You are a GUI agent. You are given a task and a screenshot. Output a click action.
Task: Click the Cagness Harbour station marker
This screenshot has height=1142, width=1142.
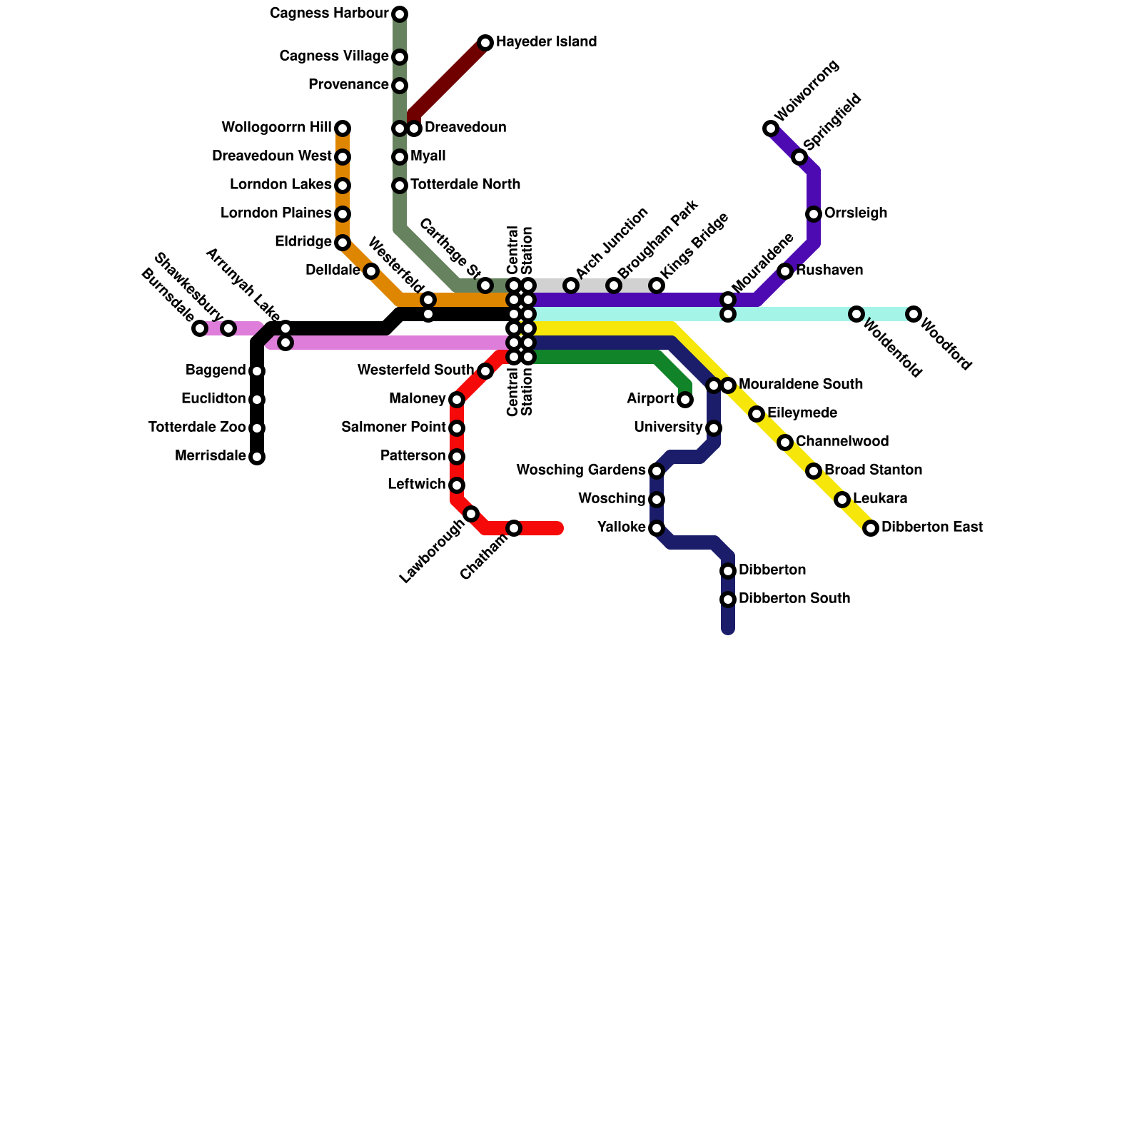pos(400,14)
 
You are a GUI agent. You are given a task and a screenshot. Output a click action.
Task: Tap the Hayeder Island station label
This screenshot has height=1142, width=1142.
pos(546,42)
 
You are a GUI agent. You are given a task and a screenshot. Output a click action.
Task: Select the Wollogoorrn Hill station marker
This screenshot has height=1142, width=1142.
pos(343,128)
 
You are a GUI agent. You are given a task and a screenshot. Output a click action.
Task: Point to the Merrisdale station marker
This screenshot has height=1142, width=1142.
pos(257,457)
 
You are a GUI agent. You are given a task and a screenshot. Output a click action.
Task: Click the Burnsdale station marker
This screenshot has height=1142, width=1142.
pos(200,328)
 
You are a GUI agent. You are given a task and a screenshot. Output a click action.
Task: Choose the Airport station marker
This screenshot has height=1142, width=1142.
pos(685,400)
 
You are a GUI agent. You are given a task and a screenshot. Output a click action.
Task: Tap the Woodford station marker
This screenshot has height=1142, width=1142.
pos(914,314)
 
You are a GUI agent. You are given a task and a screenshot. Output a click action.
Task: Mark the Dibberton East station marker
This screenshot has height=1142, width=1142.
pos(871,528)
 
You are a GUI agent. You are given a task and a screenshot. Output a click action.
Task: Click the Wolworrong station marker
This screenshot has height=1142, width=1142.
pos(771,128)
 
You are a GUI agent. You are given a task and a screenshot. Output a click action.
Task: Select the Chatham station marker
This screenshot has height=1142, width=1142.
pos(514,528)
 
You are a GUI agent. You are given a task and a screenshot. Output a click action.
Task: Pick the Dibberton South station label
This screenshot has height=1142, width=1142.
pos(794,599)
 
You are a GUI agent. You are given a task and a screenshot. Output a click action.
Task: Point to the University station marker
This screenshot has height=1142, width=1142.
pos(714,428)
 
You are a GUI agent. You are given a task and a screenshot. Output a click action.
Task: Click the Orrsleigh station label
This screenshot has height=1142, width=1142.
pos(856,213)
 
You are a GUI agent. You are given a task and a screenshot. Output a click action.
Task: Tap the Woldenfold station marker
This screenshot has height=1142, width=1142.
pos(856,314)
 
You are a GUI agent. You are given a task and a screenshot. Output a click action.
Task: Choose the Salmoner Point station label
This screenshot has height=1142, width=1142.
pos(393,428)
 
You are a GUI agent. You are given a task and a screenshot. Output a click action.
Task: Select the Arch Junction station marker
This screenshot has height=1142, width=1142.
pos(571,285)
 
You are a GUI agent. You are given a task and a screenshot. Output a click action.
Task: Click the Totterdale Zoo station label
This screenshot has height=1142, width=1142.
pos(197,428)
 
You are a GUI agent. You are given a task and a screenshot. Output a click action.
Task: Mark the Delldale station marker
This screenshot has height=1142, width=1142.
pos(371,271)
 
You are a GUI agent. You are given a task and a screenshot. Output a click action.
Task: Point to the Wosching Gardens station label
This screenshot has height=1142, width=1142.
pos(580,470)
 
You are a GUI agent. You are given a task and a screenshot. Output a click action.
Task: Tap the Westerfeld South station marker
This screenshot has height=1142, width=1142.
pos(485,371)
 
